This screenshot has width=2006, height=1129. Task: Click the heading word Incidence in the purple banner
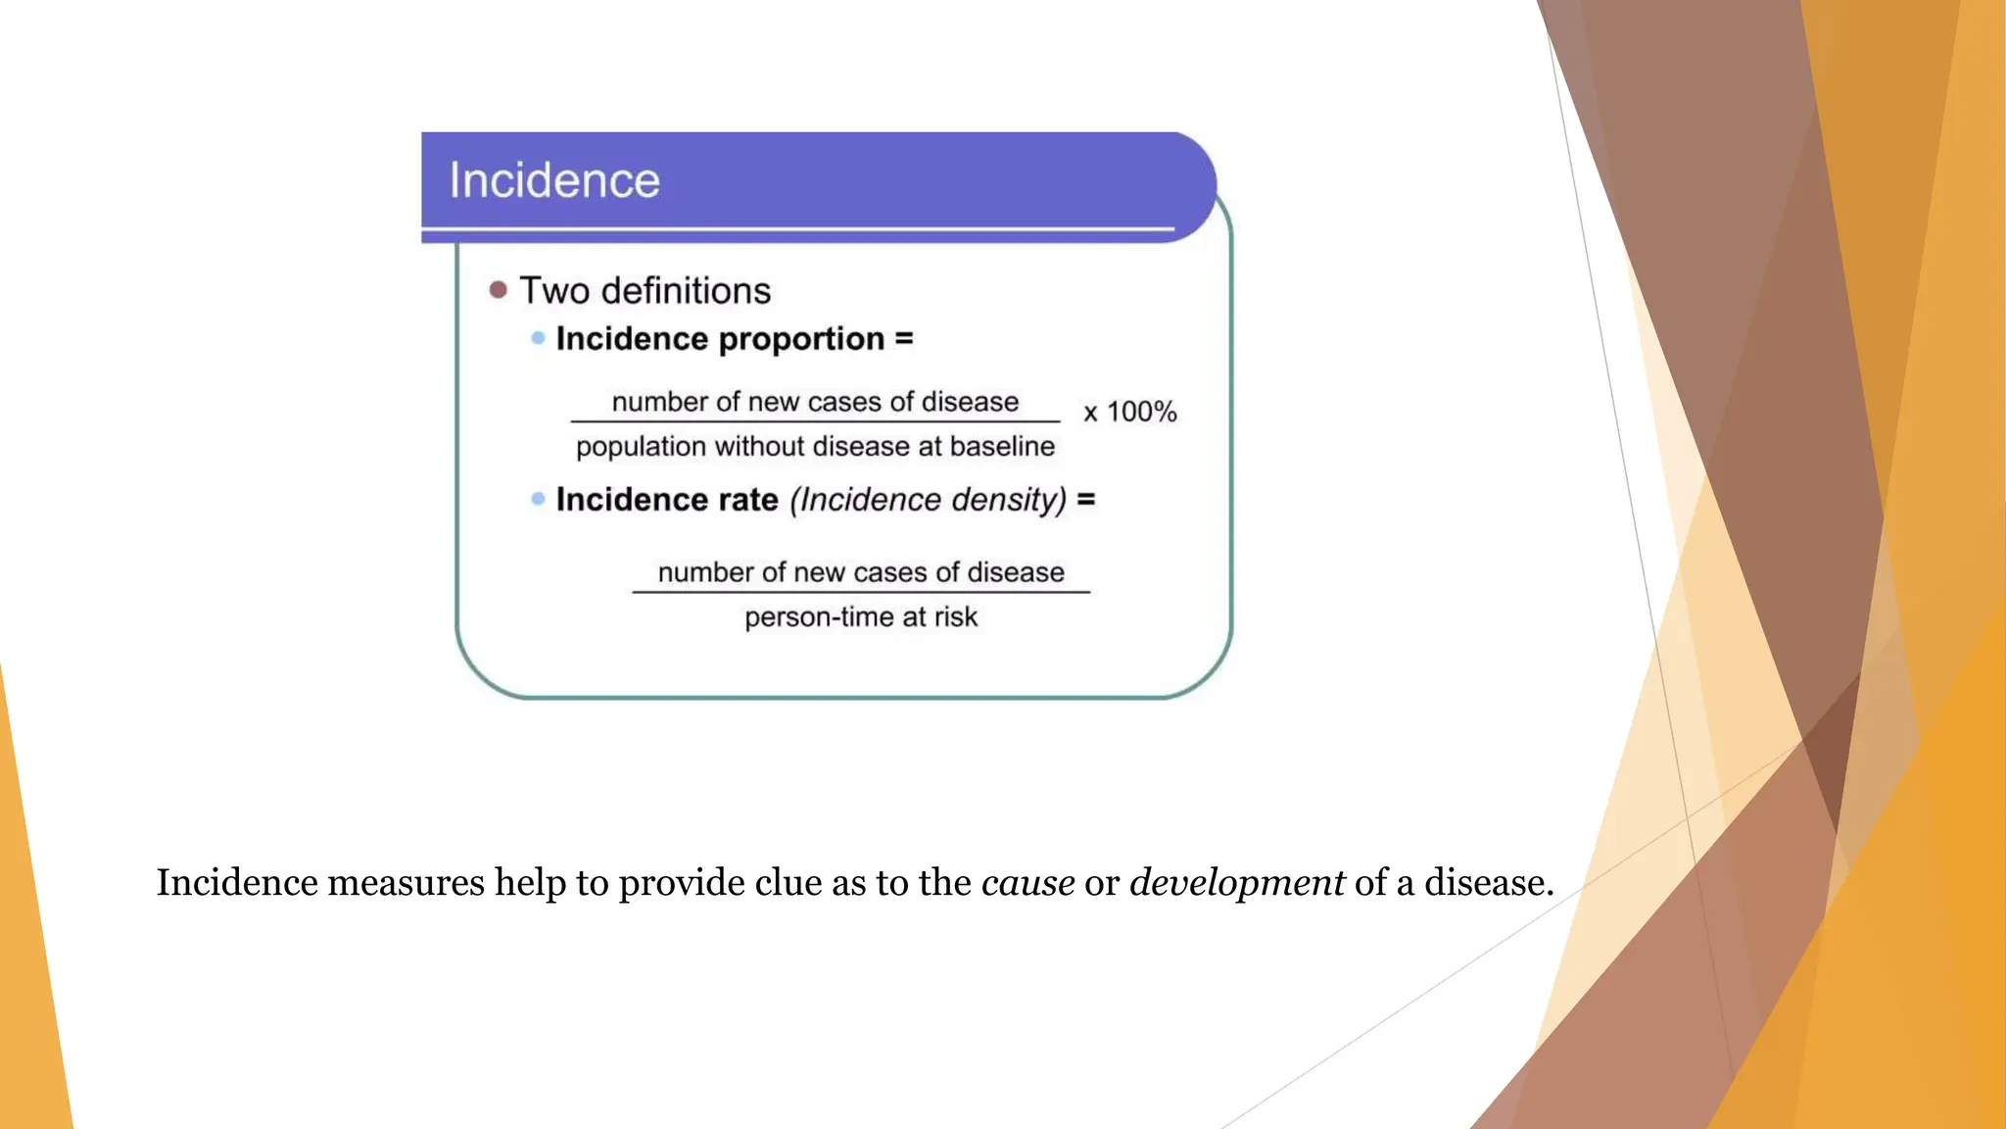[554, 181]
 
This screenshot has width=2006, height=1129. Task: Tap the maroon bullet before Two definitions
[499, 290]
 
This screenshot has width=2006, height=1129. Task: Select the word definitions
[686, 291]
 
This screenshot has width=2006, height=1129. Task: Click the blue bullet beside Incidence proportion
[538, 338]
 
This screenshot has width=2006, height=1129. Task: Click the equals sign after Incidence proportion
[904, 339]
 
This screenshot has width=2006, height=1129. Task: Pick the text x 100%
[1129, 412]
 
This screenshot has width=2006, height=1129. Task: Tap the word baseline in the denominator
[1002, 447]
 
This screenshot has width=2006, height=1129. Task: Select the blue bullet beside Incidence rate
[538, 499]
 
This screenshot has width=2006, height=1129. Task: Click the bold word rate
[748, 500]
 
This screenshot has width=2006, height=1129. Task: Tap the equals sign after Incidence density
[1086, 500]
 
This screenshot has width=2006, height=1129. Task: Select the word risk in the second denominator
[955, 617]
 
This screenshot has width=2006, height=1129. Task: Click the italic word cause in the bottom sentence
[1027, 883]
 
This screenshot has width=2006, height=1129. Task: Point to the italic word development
[1236, 883]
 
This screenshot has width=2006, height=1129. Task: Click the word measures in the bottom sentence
[406, 883]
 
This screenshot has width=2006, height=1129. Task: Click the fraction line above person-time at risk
[861, 592]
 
